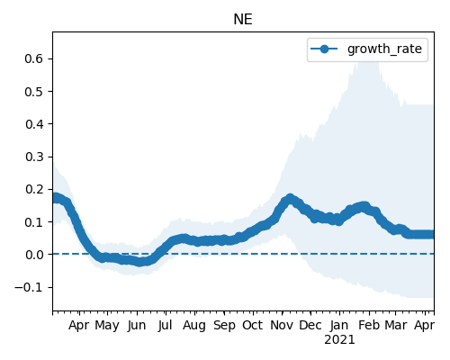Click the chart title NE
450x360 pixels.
point(243,20)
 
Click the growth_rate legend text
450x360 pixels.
point(384,49)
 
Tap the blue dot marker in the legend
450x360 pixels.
point(324,49)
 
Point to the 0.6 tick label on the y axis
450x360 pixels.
point(34,58)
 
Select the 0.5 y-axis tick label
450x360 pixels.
point(34,91)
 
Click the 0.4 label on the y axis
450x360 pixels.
point(34,124)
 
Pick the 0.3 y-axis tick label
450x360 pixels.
point(34,157)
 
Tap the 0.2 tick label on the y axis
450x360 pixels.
point(34,189)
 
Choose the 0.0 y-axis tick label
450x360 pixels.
point(34,255)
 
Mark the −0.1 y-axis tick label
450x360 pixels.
point(29,287)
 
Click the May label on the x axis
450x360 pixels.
point(107,326)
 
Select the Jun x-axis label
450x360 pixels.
point(137,326)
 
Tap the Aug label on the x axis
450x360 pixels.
point(194,326)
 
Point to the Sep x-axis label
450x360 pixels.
point(224,326)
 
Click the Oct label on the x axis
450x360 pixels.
point(253,325)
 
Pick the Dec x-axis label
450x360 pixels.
point(310,325)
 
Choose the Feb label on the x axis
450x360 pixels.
point(369,325)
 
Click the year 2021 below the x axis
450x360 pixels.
point(339,340)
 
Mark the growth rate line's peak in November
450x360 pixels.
point(290,198)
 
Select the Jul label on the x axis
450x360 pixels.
point(166,325)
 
